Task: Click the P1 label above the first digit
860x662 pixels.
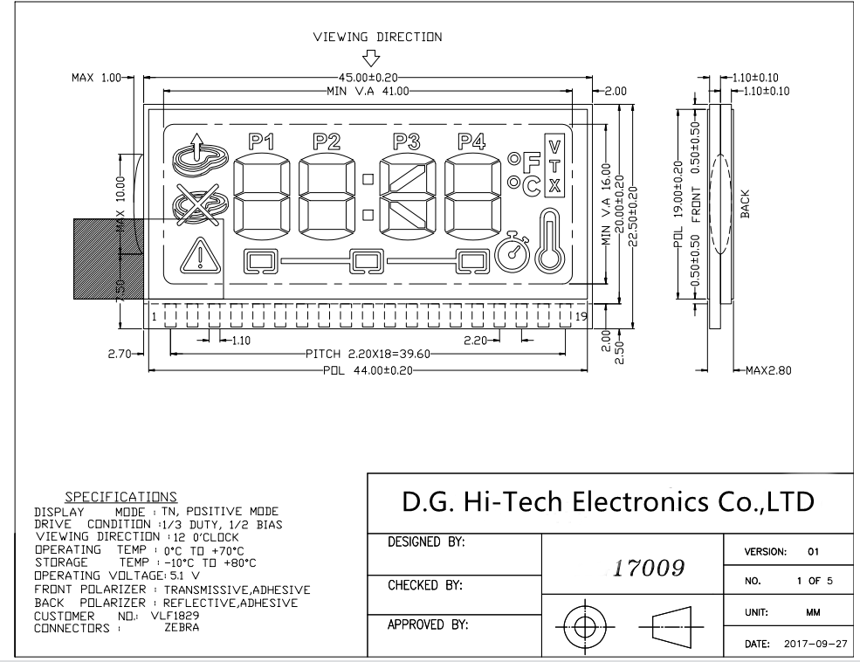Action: coord(261,141)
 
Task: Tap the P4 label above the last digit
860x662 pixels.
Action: coord(471,141)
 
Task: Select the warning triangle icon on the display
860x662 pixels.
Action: coord(200,256)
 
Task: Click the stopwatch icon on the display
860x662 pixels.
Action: coord(513,252)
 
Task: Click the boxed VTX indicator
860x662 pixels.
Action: coord(554,166)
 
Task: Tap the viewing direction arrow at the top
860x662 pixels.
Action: coord(372,58)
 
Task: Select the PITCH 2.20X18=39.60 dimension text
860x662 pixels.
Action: coord(367,355)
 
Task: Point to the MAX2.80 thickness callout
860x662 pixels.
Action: coord(767,370)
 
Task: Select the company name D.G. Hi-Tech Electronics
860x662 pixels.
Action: coord(607,501)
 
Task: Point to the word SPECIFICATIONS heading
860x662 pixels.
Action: coord(121,496)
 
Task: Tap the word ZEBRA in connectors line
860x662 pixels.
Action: coord(182,627)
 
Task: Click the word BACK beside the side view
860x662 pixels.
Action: coord(745,203)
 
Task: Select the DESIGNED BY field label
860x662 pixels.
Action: coord(425,542)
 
